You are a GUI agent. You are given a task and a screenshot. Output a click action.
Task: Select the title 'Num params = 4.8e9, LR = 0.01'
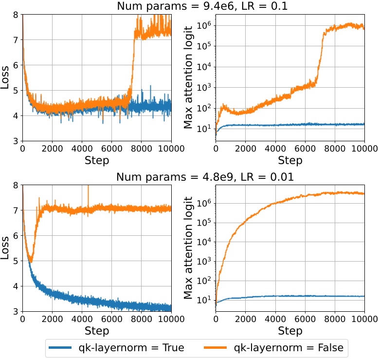pos(205,177)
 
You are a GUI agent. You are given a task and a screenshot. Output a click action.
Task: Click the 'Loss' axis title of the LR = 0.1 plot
pos(5,78)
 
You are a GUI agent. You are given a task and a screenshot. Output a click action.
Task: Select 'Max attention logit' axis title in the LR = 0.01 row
pos(189,248)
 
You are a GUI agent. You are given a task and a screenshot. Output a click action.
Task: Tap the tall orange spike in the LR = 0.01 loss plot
pos(88,188)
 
